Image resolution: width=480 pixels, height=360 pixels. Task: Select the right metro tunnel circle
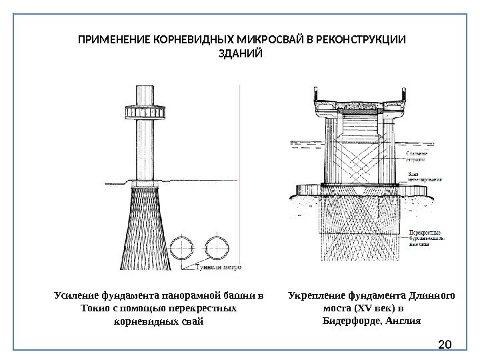coord(218,249)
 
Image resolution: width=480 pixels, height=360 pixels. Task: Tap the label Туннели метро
coord(218,268)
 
